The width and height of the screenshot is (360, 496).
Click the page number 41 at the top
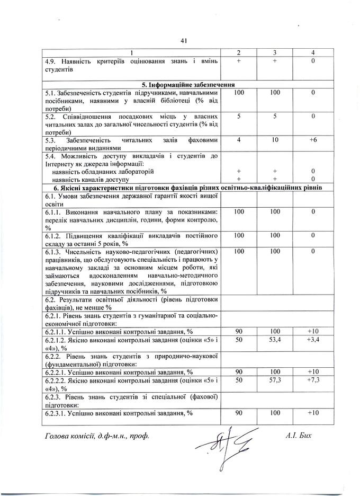184,41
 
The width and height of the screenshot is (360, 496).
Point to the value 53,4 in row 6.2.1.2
275,339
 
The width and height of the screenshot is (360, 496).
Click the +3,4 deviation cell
313,339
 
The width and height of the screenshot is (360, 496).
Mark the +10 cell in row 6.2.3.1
313,413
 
